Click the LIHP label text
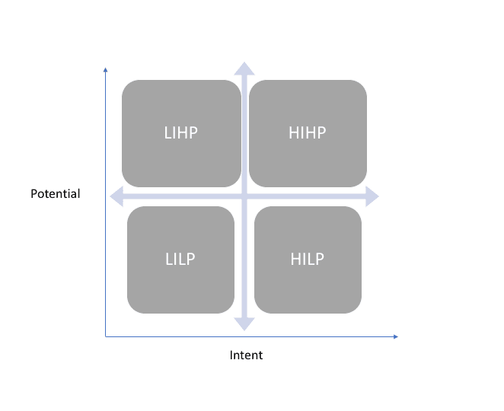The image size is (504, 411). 180,132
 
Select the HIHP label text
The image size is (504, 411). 308,132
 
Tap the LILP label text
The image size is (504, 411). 180,259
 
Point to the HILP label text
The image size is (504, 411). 308,259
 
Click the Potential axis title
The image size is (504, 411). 56,194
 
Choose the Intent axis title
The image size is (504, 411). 246,355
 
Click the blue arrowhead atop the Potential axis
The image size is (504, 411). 105,70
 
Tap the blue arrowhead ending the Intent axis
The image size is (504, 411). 396,336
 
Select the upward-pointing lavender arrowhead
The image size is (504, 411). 244,68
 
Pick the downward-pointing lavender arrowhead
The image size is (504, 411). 244,324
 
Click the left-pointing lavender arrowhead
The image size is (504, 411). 116,196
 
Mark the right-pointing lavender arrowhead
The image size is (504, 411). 372,196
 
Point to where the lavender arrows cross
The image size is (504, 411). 244,196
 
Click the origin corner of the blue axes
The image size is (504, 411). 105,336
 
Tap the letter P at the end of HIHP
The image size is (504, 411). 322,132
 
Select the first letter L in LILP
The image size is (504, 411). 169,259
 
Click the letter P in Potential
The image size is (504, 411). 34,194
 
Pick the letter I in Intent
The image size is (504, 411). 231,355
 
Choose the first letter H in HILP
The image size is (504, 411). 295,259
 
